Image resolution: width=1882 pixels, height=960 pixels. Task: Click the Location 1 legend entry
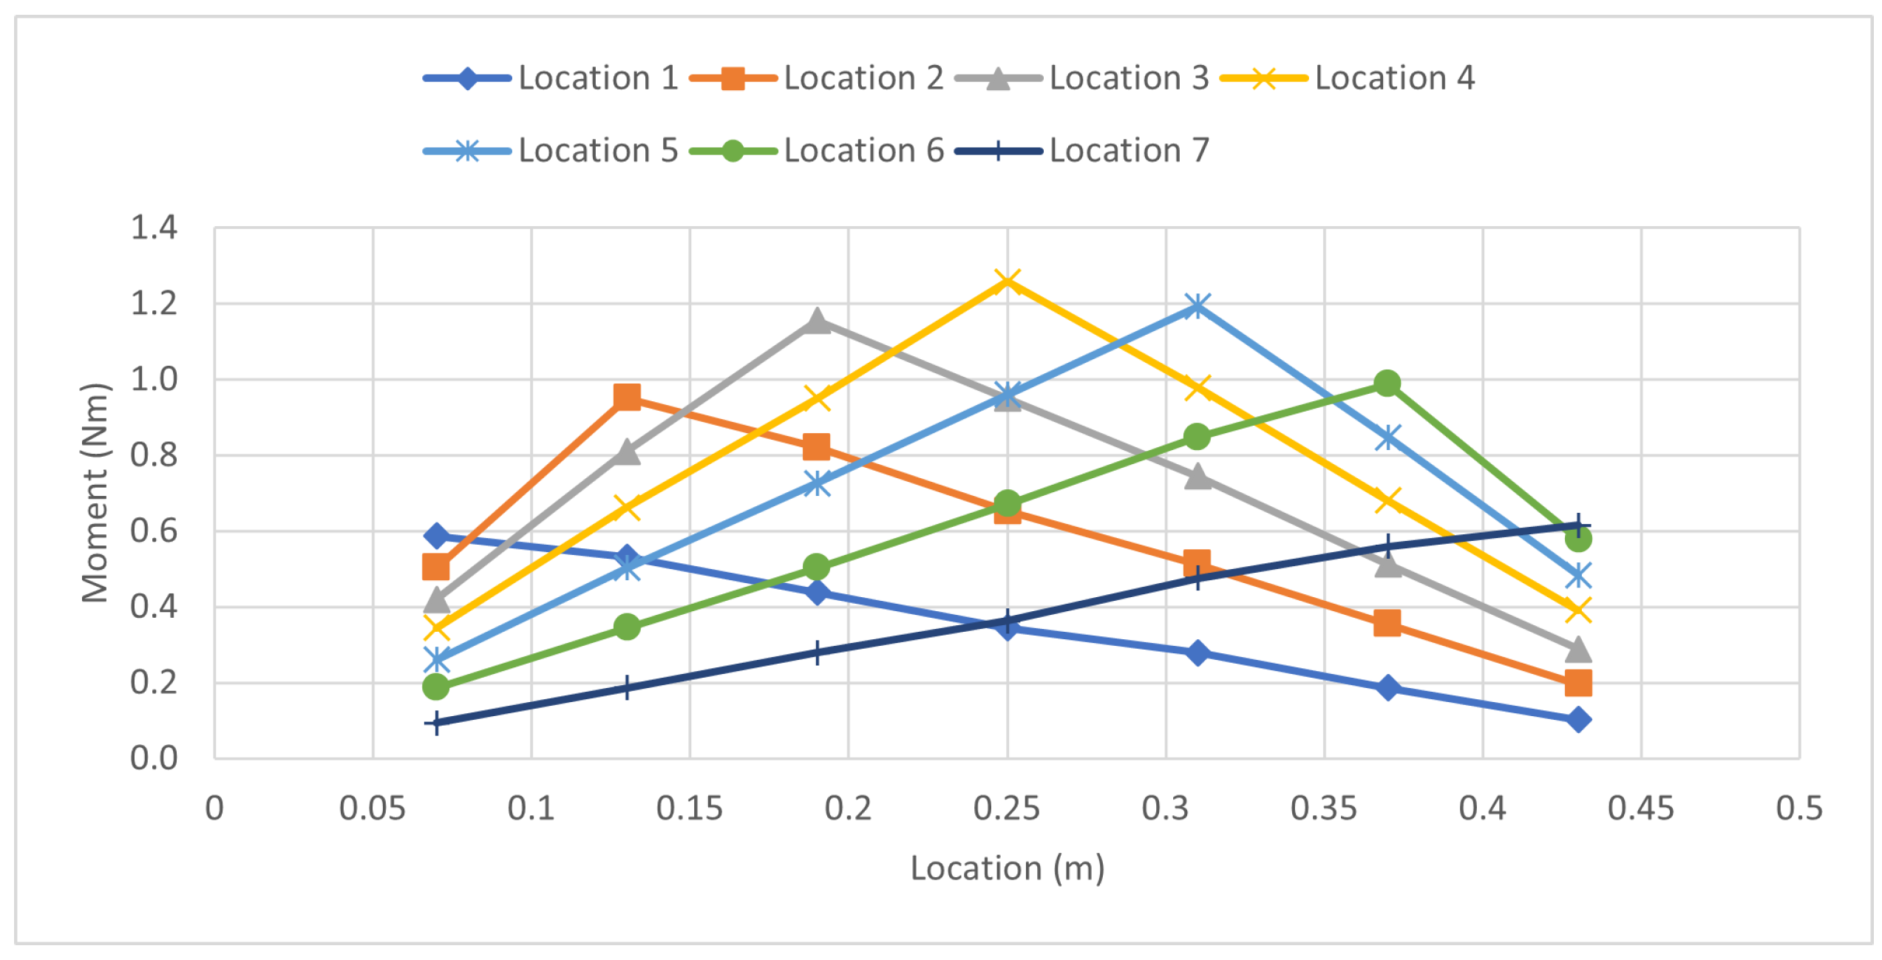point(551,78)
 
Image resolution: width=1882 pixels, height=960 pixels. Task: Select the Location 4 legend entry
point(1347,78)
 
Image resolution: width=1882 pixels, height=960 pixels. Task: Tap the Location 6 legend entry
point(816,151)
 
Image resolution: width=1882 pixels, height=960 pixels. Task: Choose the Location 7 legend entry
point(1081,151)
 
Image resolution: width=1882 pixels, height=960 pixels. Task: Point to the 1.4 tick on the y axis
point(154,228)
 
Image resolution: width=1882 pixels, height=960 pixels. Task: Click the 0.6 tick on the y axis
point(154,531)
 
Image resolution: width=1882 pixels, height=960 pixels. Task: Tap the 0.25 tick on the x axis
point(1006,808)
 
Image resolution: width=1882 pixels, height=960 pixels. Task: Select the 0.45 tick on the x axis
point(1640,808)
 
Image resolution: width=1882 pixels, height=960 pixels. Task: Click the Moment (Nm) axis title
point(95,493)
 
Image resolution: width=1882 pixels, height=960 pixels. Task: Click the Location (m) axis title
point(1007,868)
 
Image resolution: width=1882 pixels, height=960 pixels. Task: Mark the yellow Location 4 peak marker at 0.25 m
point(1007,281)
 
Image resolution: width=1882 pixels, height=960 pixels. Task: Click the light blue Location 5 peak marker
point(1197,305)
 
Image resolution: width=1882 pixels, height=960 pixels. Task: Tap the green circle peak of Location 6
point(1387,383)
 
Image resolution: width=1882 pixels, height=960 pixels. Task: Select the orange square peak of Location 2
point(627,398)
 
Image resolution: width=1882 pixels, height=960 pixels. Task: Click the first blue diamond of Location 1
point(436,536)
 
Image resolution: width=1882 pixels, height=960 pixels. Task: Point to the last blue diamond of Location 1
point(1577,720)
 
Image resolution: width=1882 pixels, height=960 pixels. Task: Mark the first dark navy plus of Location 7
point(436,723)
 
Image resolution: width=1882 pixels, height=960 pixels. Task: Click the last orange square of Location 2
point(1577,683)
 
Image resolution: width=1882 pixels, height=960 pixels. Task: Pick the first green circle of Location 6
point(436,687)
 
